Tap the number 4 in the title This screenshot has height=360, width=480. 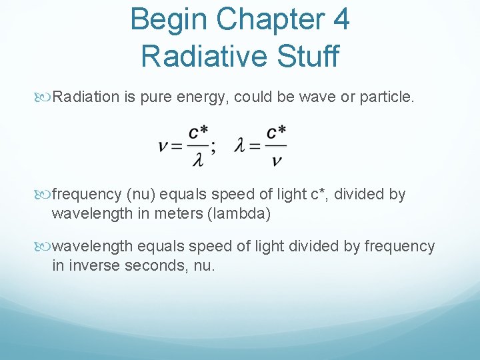point(340,20)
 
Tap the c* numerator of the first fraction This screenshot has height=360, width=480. point(198,132)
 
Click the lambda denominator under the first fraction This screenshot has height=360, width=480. point(197,160)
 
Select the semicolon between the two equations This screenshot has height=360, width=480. point(213,147)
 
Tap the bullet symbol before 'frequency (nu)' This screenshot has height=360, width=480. point(45,195)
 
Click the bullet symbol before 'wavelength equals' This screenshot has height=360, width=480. point(45,247)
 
